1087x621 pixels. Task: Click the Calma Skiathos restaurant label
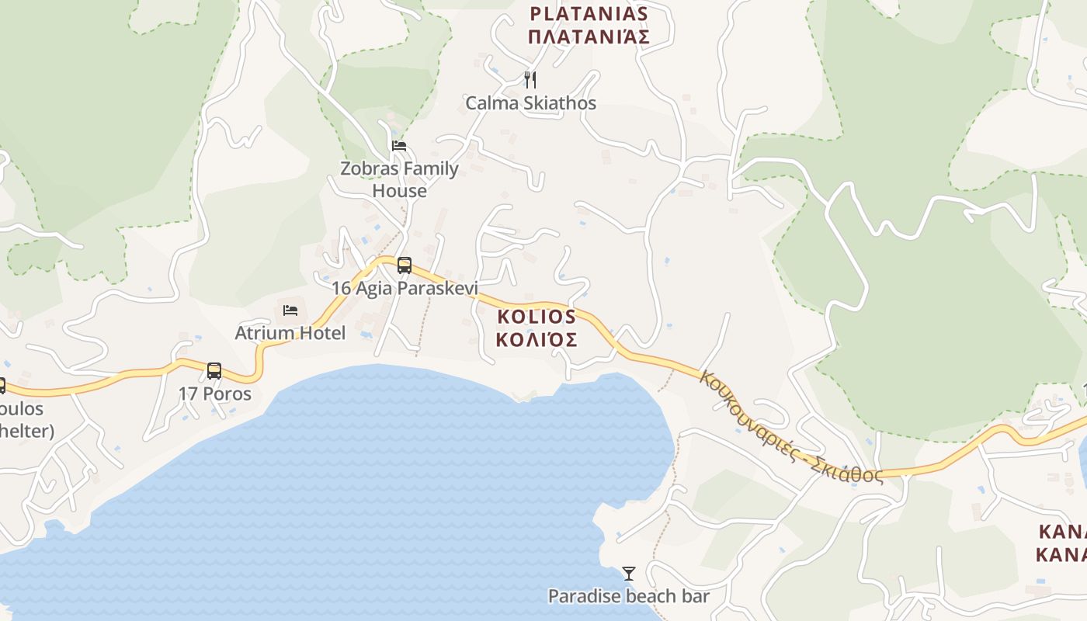[530, 103]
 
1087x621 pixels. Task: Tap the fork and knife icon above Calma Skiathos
[530, 79]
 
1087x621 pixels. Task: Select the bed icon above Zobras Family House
[399, 145]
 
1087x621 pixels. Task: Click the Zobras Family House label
[399, 179]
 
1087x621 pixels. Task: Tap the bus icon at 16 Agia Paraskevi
[404, 265]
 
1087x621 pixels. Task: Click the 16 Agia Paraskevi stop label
[404, 288]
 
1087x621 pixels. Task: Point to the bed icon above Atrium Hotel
[290, 310]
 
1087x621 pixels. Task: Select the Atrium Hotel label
[290, 333]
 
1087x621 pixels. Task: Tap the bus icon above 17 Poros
[214, 371]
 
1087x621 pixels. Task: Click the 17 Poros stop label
[215, 394]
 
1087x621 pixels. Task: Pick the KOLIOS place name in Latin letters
[536, 317]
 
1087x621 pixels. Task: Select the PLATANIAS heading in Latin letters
[589, 13]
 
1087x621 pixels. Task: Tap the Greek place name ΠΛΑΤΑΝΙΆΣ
[588, 36]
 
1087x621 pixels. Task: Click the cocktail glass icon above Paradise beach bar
[629, 574]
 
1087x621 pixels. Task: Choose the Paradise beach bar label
[629, 596]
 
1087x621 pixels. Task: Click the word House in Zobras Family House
[399, 190]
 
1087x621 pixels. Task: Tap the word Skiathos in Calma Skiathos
[560, 103]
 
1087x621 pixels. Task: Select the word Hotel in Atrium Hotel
[320, 333]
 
